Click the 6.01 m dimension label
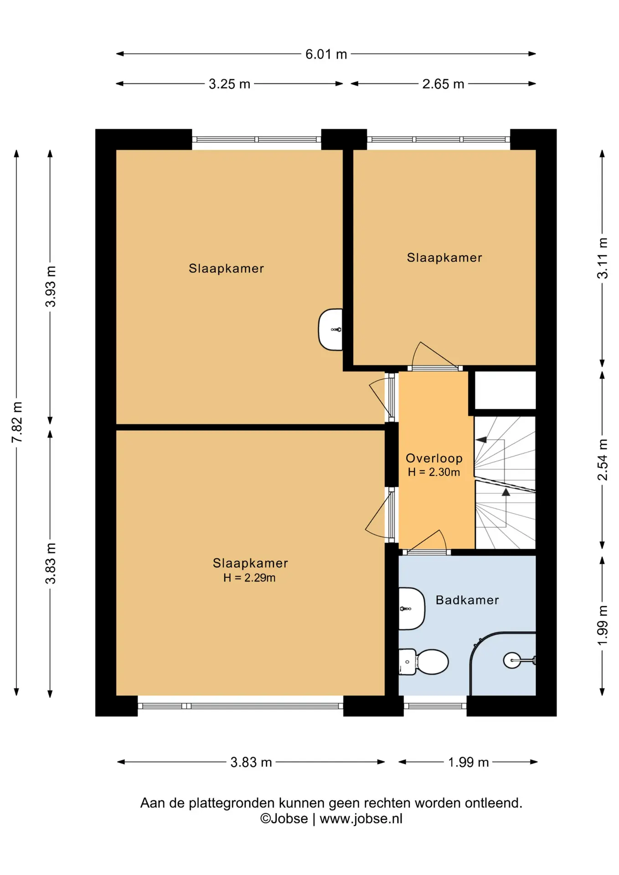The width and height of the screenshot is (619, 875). [x=326, y=54]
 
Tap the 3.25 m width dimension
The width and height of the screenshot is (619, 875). [x=229, y=84]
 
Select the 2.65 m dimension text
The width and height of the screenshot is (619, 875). [x=443, y=84]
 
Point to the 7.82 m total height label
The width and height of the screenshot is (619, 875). [x=17, y=422]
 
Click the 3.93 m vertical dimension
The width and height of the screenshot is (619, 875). [x=51, y=286]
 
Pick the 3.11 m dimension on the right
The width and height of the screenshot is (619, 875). [x=603, y=258]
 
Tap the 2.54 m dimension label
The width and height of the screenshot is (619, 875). [x=603, y=459]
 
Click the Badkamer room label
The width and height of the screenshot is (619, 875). [x=467, y=600]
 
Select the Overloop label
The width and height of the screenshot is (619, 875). [x=434, y=458]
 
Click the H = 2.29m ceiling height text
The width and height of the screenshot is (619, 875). [x=249, y=578]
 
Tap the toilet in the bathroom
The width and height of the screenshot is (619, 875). [x=423, y=662]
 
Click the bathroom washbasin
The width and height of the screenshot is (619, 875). [x=412, y=609]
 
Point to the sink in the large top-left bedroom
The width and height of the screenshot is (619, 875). [x=330, y=329]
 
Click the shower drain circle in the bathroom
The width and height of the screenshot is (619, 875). [x=512, y=660]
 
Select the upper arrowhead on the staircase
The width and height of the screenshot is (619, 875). [x=481, y=440]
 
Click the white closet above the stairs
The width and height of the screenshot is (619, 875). [x=505, y=390]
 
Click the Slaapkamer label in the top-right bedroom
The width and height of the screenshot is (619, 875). [x=444, y=257]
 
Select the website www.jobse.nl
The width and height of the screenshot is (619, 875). [x=361, y=819]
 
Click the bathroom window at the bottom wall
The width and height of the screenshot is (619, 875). [x=435, y=706]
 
